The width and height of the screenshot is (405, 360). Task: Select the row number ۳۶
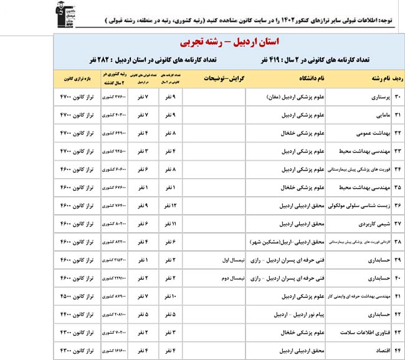[395, 204]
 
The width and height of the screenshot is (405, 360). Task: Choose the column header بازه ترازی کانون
[78, 78]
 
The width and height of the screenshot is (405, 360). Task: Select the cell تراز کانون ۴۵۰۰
[78, 296]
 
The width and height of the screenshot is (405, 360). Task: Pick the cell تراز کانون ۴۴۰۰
[78, 315]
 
